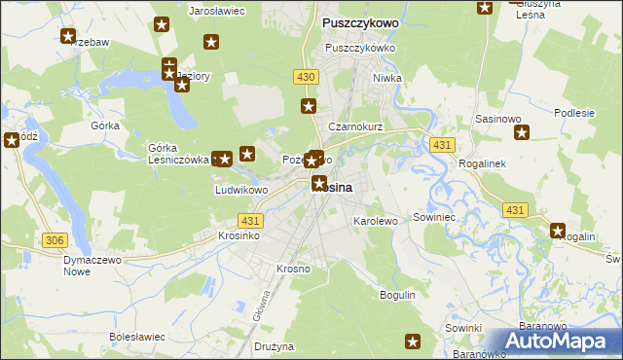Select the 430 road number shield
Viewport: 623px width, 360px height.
pos(306,76)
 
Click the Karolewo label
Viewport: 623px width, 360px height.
pos(375,221)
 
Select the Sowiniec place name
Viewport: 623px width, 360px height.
pos(434,217)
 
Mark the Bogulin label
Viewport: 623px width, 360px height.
pos(398,294)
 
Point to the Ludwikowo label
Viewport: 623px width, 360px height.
pos(241,190)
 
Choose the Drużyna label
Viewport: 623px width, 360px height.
pos(275,345)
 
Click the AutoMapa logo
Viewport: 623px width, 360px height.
pos(556,342)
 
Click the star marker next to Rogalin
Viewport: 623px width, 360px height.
pos(558,231)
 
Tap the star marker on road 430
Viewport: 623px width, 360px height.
pos(309,106)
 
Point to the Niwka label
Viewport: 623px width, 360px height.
pos(387,79)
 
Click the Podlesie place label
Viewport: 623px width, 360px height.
pos(573,113)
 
